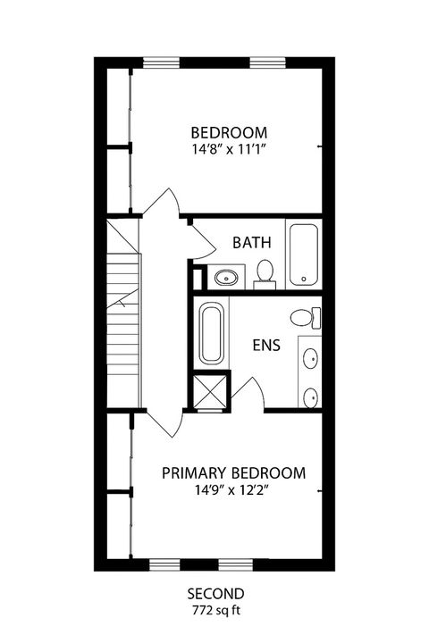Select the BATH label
(x=248, y=242)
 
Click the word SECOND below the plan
(x=215, y=594)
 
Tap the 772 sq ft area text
(x=215, y=611)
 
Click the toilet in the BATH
(x=265, y=271)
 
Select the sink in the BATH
(x=226, y=277)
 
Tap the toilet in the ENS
(x=305, y=317)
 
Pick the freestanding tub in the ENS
(x=212, y=335)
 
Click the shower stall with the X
(x=211, y=393)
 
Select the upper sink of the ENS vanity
(x=309, y=359)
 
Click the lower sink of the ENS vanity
(x=309, y=396)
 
